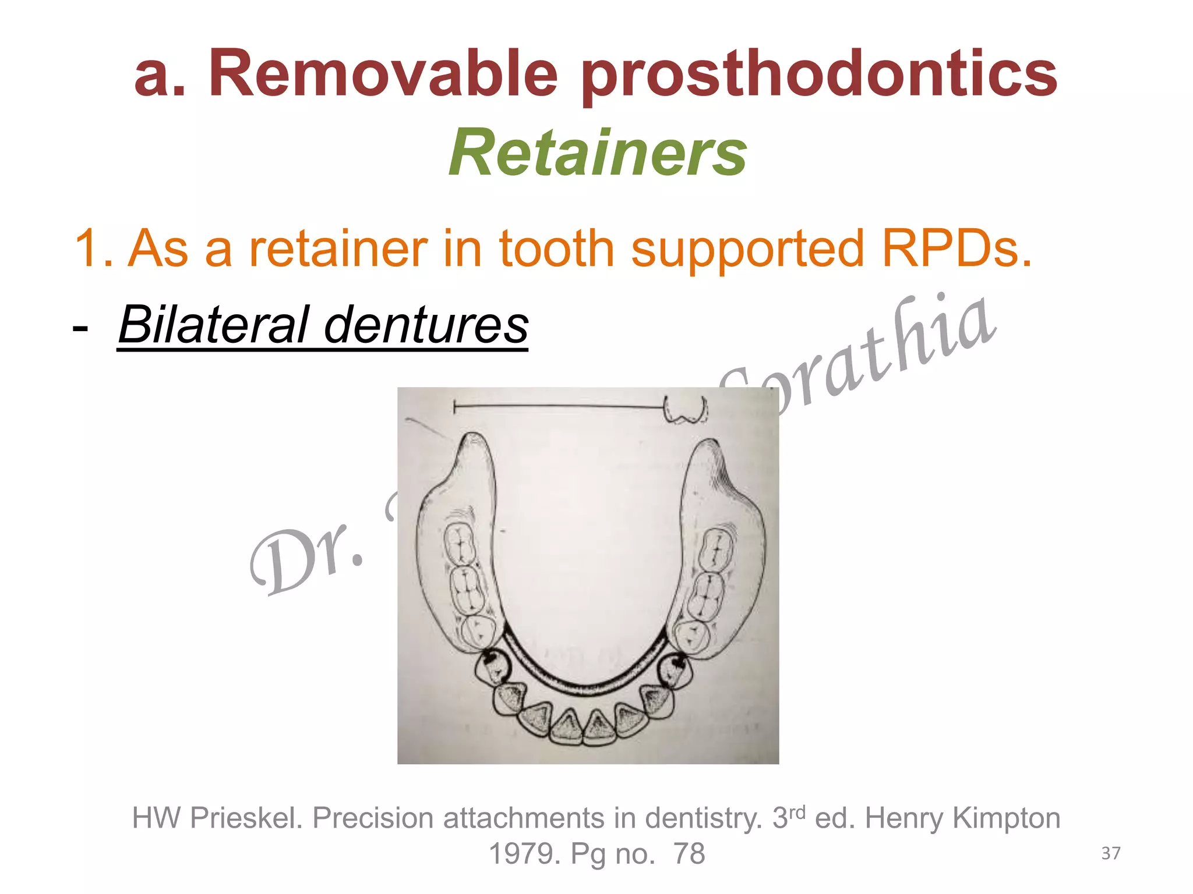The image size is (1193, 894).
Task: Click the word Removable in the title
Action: pos(383,74)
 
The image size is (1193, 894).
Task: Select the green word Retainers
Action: pos(597,152)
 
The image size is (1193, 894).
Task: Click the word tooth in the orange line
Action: pos(556,248)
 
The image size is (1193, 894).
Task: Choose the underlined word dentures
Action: pos(426,324)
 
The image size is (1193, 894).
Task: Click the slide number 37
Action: pos(1110,853)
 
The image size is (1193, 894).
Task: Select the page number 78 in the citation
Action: pos(689,854)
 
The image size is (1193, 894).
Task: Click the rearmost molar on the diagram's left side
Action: pos(460,544)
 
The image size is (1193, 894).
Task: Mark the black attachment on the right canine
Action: pos(676,662)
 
